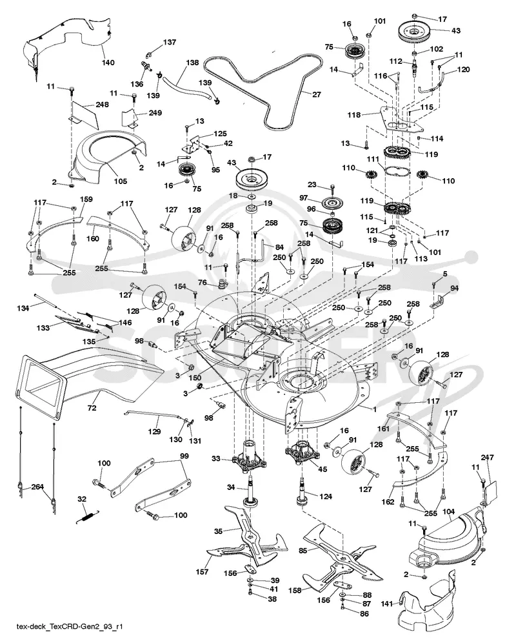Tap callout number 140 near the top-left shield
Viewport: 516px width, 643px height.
[x=108, y=63]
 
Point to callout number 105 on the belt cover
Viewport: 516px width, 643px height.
[x=121, y=181]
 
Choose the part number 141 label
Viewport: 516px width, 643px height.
[x=387, y=603]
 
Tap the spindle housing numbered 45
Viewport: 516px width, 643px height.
[x=302, y=450]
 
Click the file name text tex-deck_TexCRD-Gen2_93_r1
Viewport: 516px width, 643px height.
[x=70, y=627]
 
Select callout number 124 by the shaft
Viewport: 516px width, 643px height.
[x=326, y=496]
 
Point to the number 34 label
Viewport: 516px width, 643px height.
[x=231, y=487]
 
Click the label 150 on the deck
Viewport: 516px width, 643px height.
[x=195, y=377]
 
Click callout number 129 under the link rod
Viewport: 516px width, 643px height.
[x=155, y=431]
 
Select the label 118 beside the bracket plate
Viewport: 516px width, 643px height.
[x=354, y=115]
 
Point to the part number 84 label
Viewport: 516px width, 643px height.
[x=279, y=247]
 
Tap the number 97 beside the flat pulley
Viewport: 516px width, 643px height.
[x=303, y=198]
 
